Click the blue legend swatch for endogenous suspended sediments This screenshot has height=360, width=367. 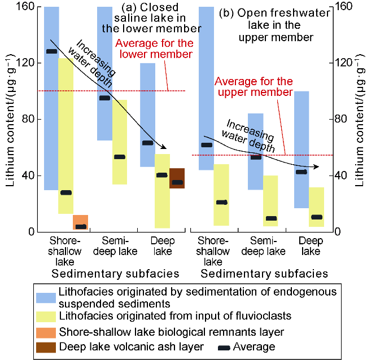(46, 297)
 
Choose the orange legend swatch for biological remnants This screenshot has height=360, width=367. (46, 332)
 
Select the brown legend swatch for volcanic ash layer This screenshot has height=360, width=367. (46, 346)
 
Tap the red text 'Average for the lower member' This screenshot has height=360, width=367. (154, 49)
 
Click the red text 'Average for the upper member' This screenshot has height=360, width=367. (254, 87)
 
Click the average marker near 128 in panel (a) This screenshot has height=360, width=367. (51, 51)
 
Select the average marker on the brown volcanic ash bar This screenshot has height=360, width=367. (177, 182)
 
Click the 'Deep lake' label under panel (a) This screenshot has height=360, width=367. (163, 246)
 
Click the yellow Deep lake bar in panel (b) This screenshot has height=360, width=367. (317, 207)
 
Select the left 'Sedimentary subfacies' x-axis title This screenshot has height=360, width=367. (115, 274)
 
